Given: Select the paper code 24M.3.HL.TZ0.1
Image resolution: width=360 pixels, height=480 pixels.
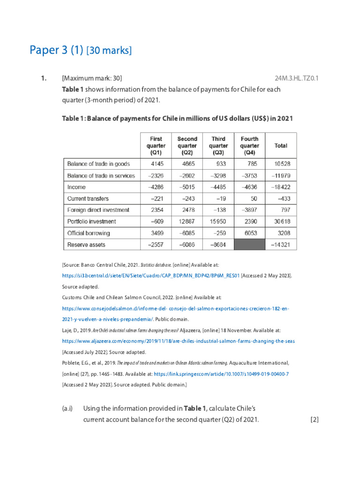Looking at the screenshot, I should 296,78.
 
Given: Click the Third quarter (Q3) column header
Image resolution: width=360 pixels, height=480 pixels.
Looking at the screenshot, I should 218,145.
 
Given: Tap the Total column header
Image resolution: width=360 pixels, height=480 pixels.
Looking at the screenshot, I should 281,146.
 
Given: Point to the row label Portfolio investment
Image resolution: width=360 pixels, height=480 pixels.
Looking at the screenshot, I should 91,221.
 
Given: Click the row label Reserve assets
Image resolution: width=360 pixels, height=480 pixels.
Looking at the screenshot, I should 86,244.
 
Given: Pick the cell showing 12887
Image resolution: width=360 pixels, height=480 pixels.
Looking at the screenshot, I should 187,221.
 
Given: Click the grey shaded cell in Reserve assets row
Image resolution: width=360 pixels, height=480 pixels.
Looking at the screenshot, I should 249,244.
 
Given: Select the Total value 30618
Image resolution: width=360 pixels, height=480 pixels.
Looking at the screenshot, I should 281,221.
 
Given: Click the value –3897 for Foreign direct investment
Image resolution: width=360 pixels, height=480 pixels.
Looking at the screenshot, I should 249,210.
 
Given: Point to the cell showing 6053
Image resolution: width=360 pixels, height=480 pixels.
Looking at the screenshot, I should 249,233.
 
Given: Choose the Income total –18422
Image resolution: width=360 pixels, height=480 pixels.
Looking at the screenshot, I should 281,187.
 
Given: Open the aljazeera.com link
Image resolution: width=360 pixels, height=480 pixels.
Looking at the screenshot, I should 178,341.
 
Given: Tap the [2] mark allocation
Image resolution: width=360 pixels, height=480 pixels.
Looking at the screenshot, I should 314,420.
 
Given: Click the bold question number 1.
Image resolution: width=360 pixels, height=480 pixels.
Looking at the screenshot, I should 43,78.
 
